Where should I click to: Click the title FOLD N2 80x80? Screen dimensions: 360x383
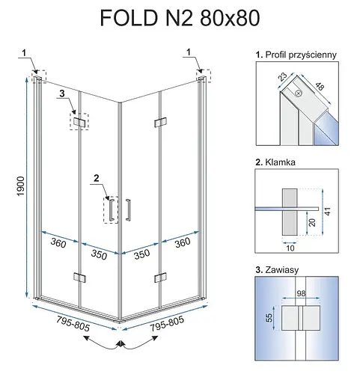tap(180, 18)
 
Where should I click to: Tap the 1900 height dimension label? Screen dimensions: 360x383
tap(21, 186)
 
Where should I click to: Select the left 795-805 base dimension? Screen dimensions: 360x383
tap(73, 324)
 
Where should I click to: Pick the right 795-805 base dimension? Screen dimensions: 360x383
tap(167, 323)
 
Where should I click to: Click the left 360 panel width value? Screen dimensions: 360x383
tap(58, 242)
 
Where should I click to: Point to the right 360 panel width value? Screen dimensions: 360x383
tap(183, 242)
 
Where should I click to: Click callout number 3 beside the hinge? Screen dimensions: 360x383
tap(62, 94)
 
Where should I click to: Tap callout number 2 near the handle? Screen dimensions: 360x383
tap(97, 178)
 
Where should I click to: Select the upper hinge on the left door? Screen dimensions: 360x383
tap(79, 122)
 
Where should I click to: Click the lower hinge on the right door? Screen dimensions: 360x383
tap(160, 278)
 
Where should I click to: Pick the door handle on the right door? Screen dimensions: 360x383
tap(128, 209)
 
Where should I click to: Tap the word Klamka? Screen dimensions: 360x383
tap(280, 162)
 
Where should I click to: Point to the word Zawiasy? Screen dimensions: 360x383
tap(282, 270)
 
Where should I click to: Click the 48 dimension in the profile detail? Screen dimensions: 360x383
tap(320, 86)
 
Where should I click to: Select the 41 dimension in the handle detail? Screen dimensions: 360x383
tap(328, 212)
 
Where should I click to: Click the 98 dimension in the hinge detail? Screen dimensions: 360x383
tap(301, 293)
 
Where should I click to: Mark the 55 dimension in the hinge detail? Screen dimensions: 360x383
tap(269, 318)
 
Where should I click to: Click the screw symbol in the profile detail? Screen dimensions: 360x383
tap(299, 94)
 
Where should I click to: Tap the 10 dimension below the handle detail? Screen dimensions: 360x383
tap(290, 248)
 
